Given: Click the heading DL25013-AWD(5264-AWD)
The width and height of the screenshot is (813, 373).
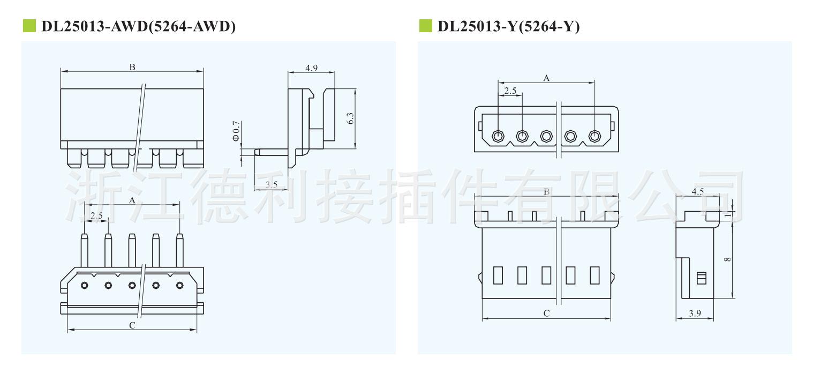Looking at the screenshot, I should (138, 27).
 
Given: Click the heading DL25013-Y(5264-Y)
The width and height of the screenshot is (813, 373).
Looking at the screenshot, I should (508, 27).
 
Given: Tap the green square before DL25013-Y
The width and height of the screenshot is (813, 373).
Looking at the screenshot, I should (425, 26).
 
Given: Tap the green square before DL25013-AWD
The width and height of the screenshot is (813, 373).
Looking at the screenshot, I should (29, 26).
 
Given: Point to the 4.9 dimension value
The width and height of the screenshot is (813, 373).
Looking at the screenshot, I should (311, 68).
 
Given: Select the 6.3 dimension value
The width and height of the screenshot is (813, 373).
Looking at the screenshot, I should (350, 119).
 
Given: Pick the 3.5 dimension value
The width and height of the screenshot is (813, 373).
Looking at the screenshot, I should (272, 185).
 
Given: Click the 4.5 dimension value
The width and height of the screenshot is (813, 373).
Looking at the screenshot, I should (697, 191).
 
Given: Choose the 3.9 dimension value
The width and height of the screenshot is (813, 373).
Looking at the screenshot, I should (695, 314).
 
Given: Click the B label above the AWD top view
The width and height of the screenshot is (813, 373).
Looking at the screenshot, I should (132, 67).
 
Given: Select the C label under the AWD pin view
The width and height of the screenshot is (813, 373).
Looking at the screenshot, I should (132, 325).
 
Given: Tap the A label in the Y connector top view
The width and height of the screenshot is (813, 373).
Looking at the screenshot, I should (546, 78).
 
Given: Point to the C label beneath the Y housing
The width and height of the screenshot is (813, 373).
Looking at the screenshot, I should (546, 314).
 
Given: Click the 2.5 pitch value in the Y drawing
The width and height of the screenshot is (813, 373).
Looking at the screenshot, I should (510, 91).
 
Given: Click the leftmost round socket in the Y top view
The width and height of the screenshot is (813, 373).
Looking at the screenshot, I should (498, 136).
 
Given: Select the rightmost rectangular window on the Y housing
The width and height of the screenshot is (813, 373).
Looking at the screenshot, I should (594, 275).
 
